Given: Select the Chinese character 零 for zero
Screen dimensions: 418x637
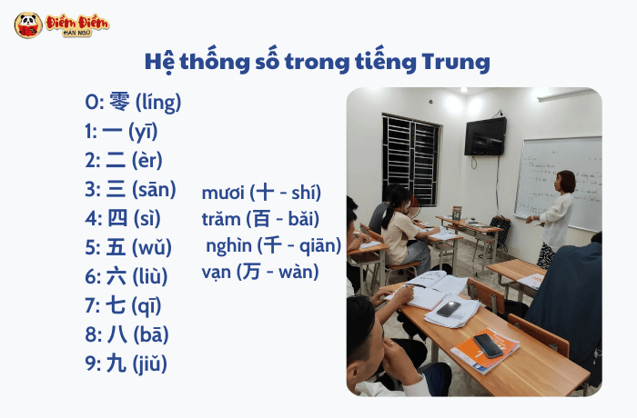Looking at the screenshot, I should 119,102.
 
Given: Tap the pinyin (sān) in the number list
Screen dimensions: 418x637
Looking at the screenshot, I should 154,190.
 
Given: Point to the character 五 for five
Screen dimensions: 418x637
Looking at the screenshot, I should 116,247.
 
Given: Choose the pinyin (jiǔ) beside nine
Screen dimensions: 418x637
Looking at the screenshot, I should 150,364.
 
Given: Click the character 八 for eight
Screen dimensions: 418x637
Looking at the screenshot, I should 116,334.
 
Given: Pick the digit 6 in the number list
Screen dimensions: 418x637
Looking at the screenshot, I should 91,277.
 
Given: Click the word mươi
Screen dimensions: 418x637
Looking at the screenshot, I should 224,193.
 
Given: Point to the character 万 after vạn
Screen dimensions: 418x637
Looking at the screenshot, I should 250,271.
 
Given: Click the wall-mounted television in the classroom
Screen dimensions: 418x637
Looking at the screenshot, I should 485,136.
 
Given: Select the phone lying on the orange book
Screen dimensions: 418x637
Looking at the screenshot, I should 488,344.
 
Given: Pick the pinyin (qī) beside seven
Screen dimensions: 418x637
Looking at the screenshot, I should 146,306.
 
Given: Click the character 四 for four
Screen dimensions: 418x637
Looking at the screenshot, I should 117,219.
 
